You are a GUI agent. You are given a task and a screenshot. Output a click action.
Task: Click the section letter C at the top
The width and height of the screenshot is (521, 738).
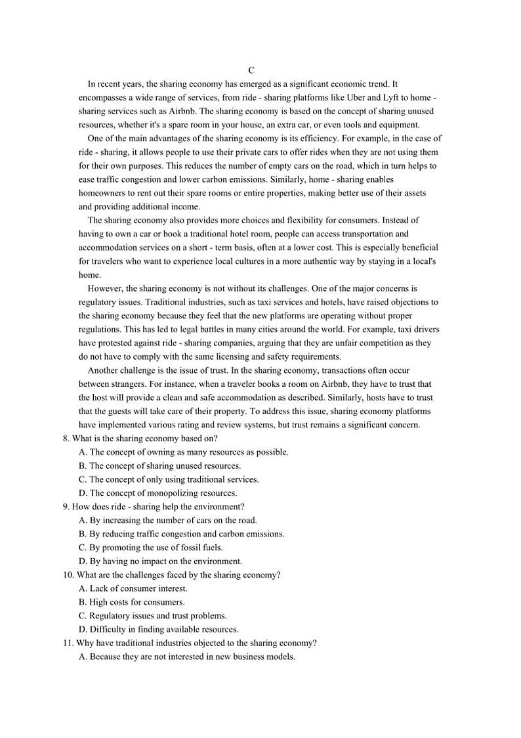251,70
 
